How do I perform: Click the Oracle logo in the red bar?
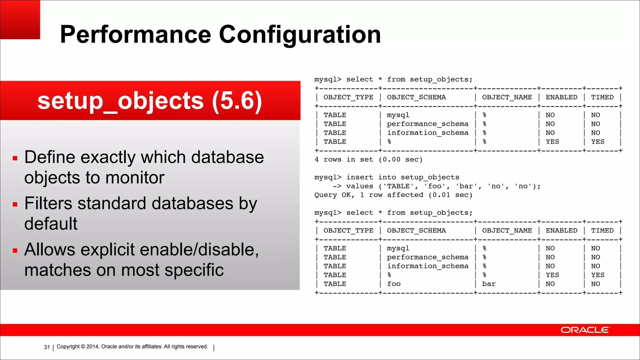click(585, 330)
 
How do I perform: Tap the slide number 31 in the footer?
click(47, 347)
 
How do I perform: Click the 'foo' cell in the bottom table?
click(394, 284)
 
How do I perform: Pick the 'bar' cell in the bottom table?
click(489, 284)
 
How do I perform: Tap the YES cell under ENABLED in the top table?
click(552, 142)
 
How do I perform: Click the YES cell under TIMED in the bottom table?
click(597, 275)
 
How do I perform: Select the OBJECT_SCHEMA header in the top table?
click(416, 97)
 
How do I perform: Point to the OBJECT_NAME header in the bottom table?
click(507, 231)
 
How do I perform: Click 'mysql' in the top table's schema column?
click(398, 115)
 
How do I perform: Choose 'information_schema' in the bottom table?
click(427, 266)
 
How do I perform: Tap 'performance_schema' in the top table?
click(427, 124)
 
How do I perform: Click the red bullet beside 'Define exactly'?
click(15, 158)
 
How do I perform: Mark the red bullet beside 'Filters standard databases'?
click(15, 204)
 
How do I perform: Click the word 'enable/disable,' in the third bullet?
click(199, 250)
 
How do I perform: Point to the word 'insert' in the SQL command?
click(360, 177)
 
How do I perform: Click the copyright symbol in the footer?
click(83, 347)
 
